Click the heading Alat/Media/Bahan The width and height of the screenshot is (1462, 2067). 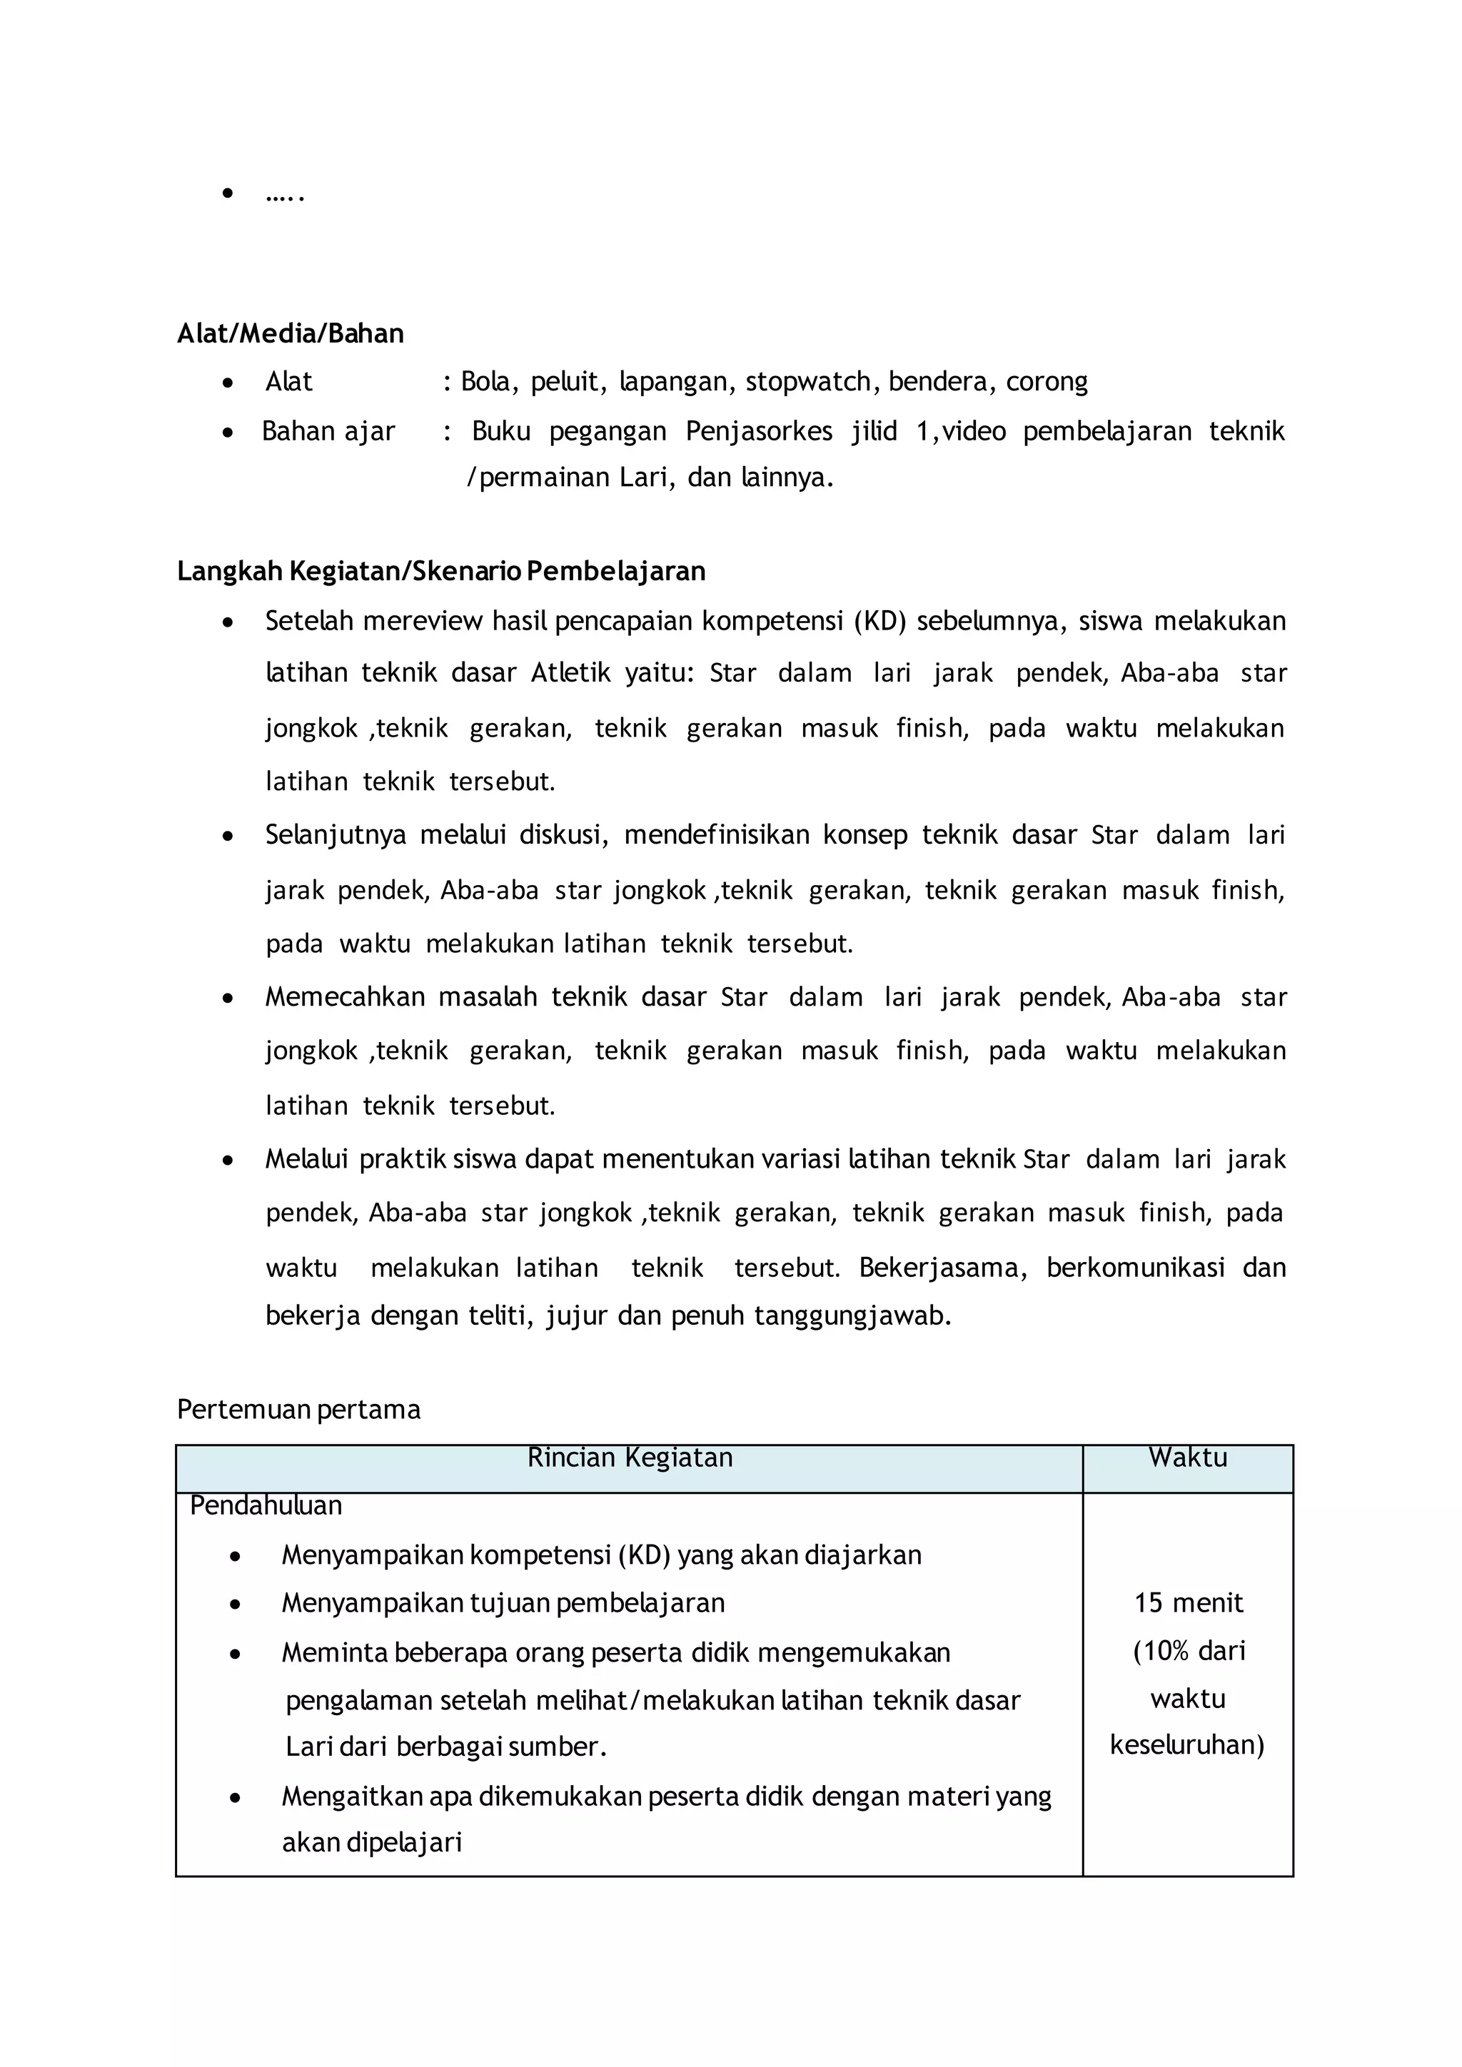pos(290,334)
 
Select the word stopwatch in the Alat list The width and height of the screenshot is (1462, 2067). pos(807,382)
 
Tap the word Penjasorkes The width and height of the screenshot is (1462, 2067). pos(759,431)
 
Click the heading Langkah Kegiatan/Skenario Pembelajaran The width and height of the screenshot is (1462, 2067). pos(441,572)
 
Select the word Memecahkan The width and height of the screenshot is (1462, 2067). pos(345,998)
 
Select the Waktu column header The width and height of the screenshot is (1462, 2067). pos(1187,1458)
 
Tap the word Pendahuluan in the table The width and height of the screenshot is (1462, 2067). pos(266,1505)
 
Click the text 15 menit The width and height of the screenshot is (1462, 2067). pos(1187,1603)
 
